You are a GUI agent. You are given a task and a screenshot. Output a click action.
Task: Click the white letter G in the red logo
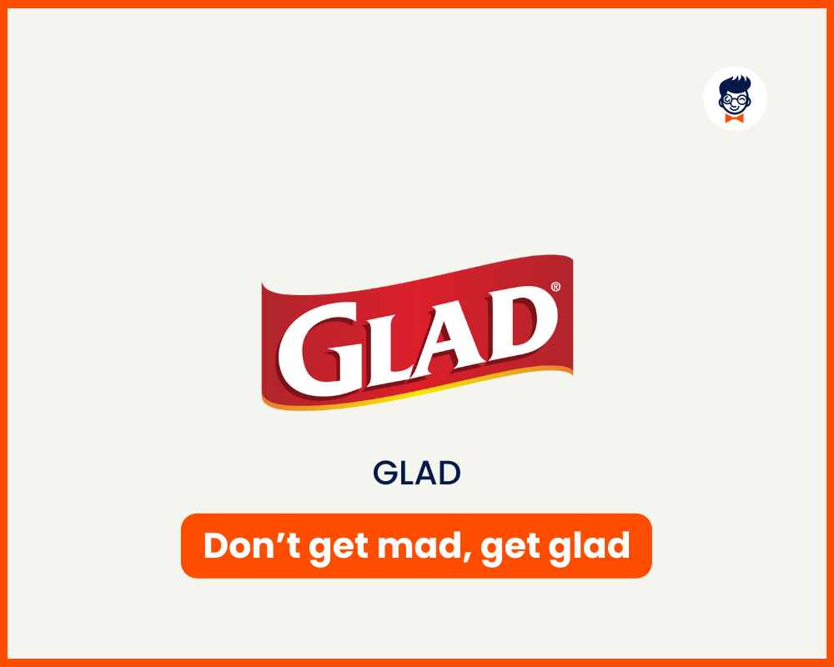pyautogui.click(x=321, y=351)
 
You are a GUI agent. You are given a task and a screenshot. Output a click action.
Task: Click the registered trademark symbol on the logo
pyautogui.click(x=555, y=287)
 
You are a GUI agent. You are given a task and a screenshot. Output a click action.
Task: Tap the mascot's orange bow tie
pyautogui.click(x=735, y=118)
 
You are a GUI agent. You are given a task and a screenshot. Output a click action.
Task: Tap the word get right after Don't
pyautogui.click(x=339, y=548)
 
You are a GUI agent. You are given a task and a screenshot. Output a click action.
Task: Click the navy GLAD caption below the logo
pyautogui.click(x=417, y=474)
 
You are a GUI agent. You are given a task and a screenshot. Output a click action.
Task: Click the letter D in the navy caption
pyautogui.click(x=450, y=474)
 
